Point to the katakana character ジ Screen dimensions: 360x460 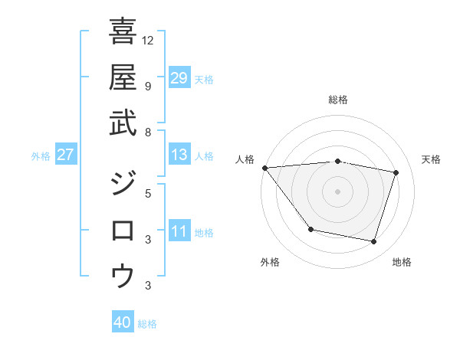point(123,185)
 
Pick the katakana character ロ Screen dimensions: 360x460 point(123,230)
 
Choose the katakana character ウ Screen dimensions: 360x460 point(123,275)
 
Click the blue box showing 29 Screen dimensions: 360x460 point(179,77)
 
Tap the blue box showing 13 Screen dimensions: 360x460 point(179,155)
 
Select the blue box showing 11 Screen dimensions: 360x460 point(179,231)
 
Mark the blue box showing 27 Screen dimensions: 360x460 point(66,155)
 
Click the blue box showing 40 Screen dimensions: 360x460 point(123,322)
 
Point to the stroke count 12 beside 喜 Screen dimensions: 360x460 point(149,40)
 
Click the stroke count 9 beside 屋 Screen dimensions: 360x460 point(147,86)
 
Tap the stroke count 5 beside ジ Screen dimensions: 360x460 point(147,193)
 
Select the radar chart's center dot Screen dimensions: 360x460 point(337,191)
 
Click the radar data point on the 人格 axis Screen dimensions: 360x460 point(264,168)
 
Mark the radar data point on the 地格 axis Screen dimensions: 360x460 point(374,242)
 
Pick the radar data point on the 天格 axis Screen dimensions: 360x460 point(396,172)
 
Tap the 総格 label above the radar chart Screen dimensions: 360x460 point(338,100)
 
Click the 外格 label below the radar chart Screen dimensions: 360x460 point(270,262)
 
